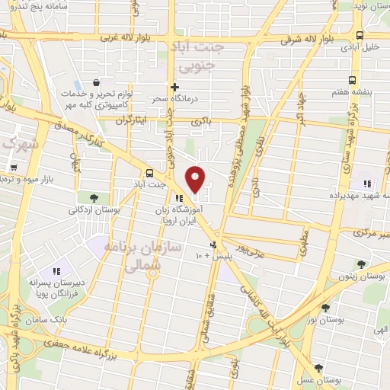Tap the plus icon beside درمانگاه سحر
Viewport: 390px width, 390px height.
175,87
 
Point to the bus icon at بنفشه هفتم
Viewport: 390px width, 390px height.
352,80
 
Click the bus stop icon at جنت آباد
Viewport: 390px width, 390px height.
149,172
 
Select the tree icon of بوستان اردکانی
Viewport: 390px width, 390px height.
93,198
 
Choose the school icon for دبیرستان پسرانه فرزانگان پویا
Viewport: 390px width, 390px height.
56,270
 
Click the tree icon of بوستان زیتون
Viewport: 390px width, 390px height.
361,264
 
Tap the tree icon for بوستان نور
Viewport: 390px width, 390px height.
326,308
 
